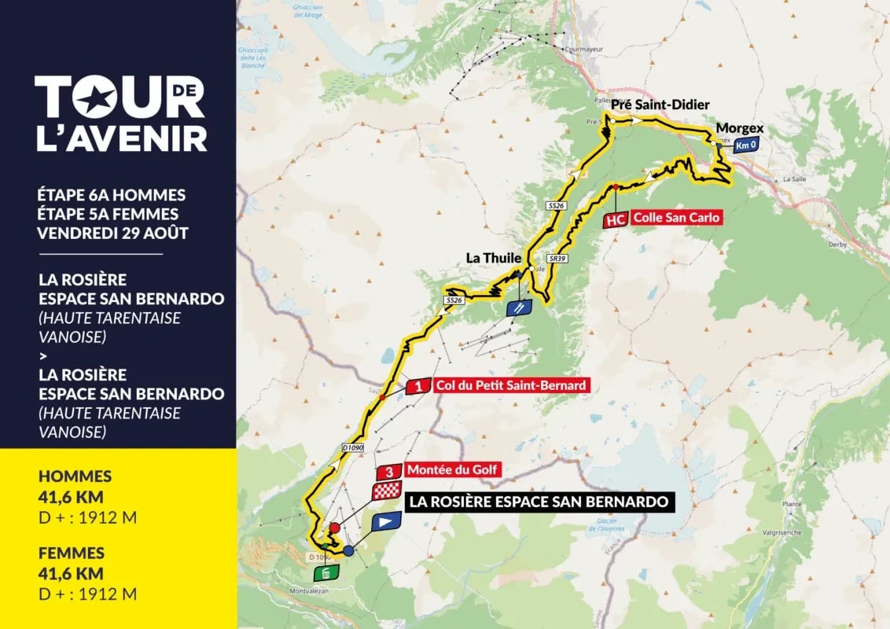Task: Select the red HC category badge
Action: [x=616, y=219]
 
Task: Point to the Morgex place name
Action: [x=740, y=127]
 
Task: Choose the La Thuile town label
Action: [x=495, y=257]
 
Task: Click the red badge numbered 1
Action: [x=420, y=386]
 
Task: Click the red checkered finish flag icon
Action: [x=386, y=493]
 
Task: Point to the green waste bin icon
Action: [x=329, y=572]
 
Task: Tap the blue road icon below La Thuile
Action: [x=518, y=307]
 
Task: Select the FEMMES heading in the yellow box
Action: [x=71, y=554]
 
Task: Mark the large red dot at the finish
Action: [x=334, y=528]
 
